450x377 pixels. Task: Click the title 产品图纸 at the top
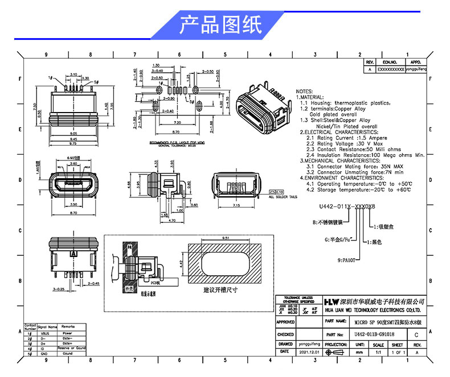220,25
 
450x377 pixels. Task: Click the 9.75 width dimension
73,144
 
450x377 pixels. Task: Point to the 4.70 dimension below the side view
171,220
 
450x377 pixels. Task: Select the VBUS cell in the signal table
50,334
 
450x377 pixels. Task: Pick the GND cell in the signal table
50,354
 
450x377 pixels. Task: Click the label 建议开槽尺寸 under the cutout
220,290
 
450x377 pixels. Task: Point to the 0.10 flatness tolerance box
279,192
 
